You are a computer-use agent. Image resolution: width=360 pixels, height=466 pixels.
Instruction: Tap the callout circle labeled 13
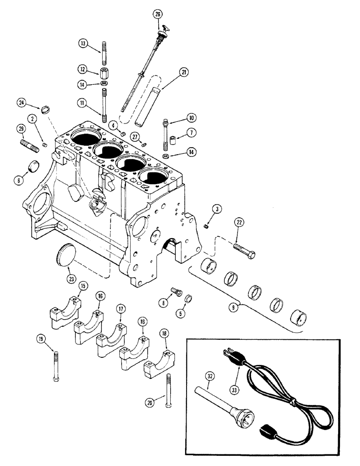pos(83,43)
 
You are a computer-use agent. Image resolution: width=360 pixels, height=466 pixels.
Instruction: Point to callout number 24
pos(21,103)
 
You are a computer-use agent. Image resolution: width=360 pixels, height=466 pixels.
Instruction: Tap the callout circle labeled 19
pos(42,340)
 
